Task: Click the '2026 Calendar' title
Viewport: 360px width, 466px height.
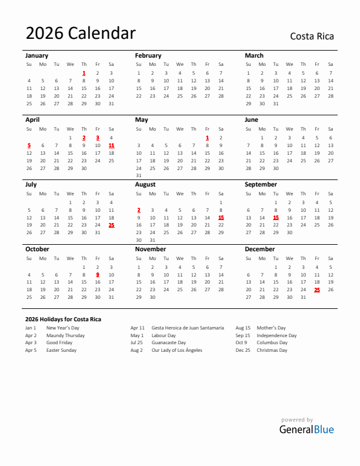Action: click(x=80, y=34)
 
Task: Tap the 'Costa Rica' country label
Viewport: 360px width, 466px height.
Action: click(x=312, y=36)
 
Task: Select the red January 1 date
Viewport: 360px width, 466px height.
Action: click(x=84, y=73)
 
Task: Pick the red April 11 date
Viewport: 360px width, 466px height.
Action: click(x=111, y=145)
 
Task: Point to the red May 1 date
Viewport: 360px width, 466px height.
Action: click(x=207, y=138)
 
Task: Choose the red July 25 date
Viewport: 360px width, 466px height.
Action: click(x=111, y=225)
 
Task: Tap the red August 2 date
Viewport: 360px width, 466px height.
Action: click(x=139, y=210)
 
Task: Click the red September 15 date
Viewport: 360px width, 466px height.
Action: click(x=275, y=217)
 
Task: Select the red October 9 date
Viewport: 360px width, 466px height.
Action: click(x=98, y=274)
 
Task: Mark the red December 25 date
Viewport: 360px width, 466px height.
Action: click(x=317, y=289)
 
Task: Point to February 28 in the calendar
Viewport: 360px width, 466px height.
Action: click(x=221, y=95)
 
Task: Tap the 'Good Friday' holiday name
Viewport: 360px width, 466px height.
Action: click(x=59, y=342)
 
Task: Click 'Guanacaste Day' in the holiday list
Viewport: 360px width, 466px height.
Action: click(x=169, y=342)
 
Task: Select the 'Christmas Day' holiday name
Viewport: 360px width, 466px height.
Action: click(x=272, y=350)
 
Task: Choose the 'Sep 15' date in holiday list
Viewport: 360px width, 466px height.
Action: click(x=243, y=335)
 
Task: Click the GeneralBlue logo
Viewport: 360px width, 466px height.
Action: click(x=306, y=429)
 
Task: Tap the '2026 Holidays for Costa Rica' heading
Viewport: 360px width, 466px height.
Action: click(x=63, y=319)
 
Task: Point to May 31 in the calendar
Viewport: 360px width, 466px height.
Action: click(x=139, y=175)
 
